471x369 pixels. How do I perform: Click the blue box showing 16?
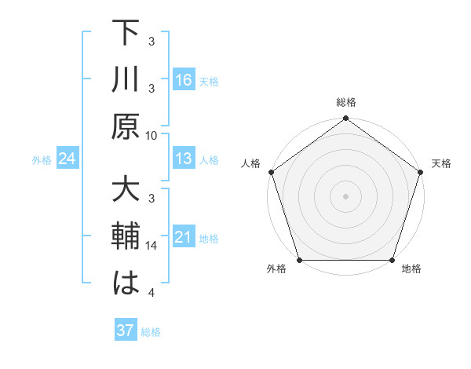(x=184, y=79)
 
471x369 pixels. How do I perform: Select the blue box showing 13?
(x=184, y=159)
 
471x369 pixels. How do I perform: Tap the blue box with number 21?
(x=184, y=237)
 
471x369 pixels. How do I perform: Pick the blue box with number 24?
(x=67, y=159)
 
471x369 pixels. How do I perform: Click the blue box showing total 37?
(x=125, y=331)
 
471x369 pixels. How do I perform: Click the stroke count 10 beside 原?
(x=152, y=135)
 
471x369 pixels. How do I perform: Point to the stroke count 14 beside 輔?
(x=152, y=247)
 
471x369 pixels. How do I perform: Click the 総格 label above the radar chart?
(x=346, y=102)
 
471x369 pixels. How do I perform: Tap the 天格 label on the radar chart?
(x=441, y=163)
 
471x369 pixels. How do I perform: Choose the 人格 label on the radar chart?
(x=251, y=163)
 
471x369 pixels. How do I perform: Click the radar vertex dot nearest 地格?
(x=392, y=260)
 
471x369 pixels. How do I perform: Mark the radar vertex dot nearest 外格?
(x=299, y=260)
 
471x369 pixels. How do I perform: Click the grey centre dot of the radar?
(x=346, y=195)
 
